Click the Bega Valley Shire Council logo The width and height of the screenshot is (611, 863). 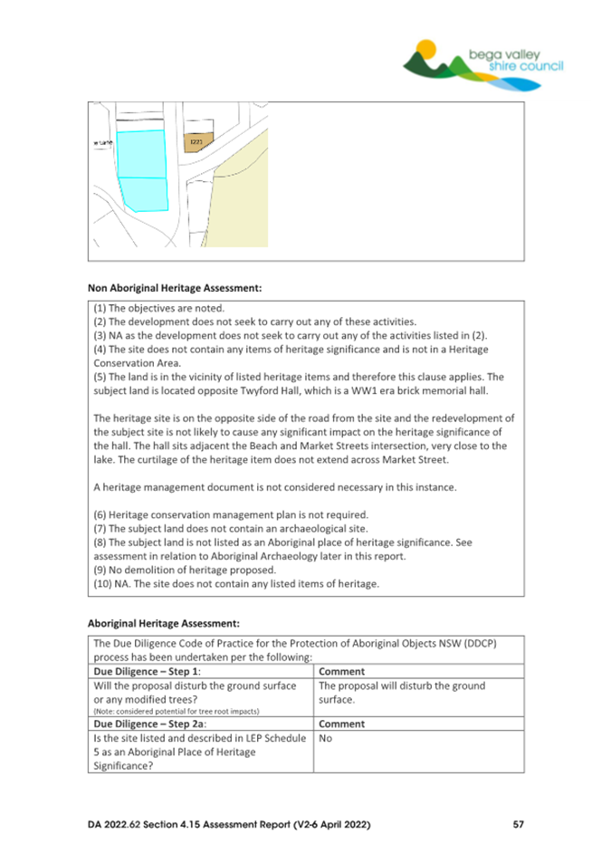point(483,63)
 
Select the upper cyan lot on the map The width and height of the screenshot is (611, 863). point(142,154)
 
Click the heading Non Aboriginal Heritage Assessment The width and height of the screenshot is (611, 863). point(175,288)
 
